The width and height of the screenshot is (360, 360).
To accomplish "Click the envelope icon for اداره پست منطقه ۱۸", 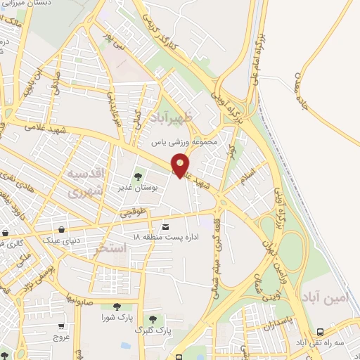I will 166,226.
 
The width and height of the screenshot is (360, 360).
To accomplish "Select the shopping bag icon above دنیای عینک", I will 63,229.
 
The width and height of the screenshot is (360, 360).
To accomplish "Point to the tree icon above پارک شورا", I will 115,306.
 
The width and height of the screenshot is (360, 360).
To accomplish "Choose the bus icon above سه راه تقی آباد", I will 320,331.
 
